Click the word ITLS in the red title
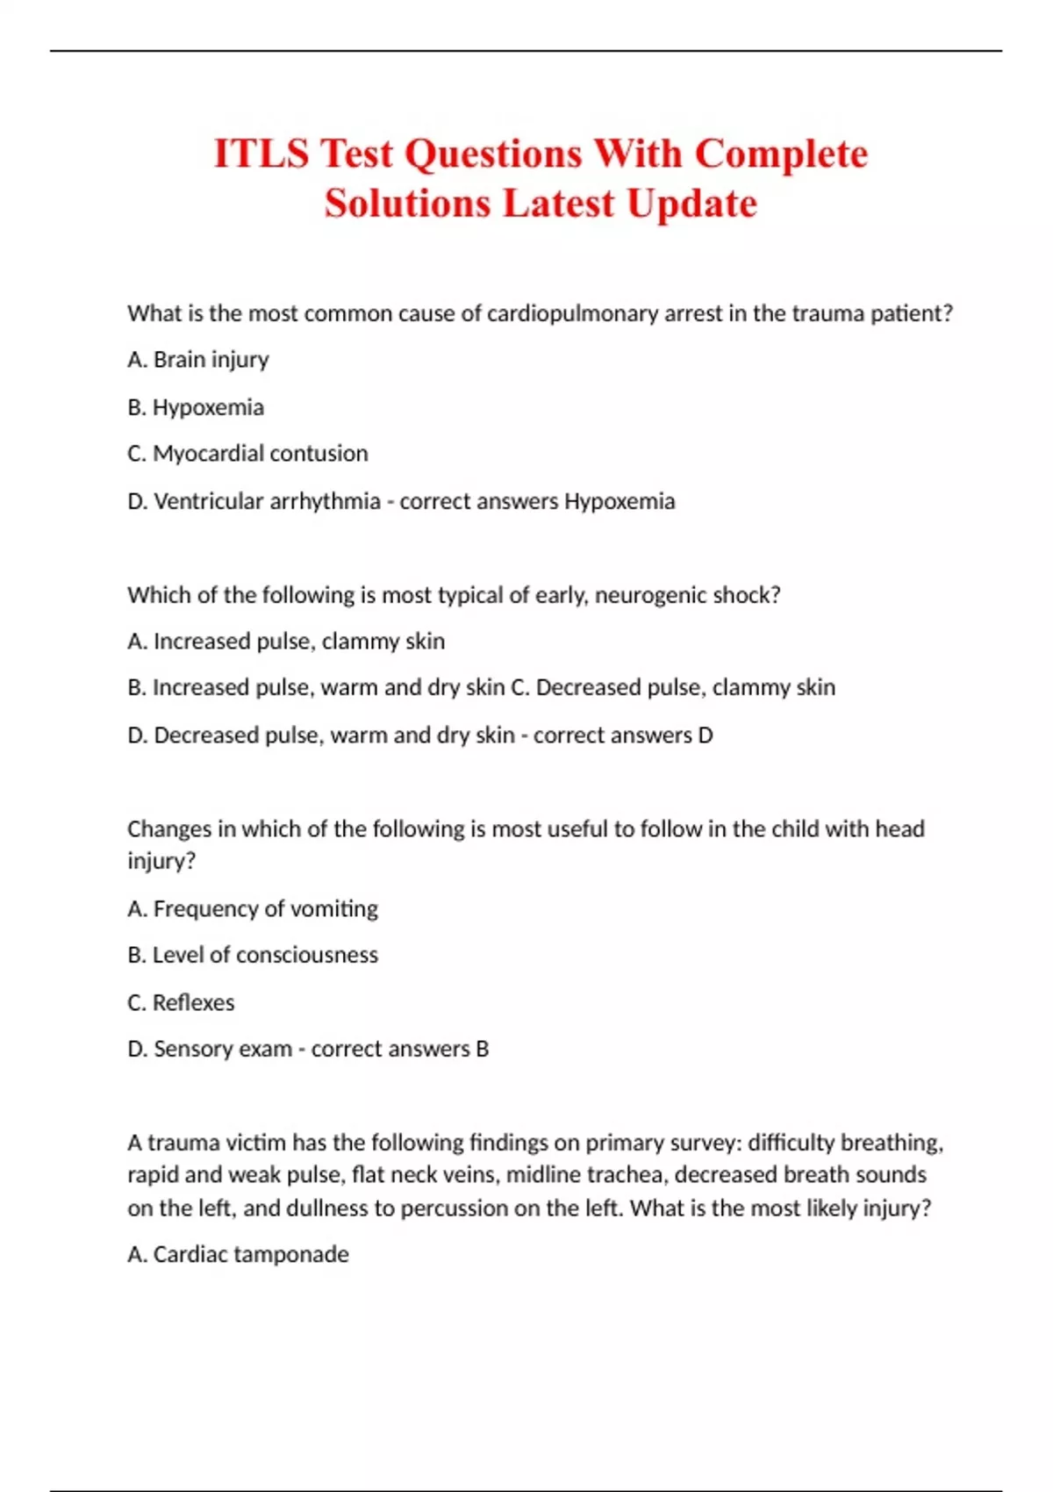[x=261, y=154]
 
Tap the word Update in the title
[x=691, y=204]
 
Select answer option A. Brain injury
[x=198, y=360]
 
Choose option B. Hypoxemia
[x=196, y=407]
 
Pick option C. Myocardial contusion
[x=247, y=454]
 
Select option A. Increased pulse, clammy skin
[x=286, y=642]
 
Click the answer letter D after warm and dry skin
[x=706, y=735]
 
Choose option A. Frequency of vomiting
[x=253, y=908]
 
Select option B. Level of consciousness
[x=253, y=955]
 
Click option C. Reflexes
[x=181, y=1002]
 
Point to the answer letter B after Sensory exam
[x=482, y=1049]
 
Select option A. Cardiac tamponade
[x=238, y=1254]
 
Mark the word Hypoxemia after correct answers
[x=620, y=501]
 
